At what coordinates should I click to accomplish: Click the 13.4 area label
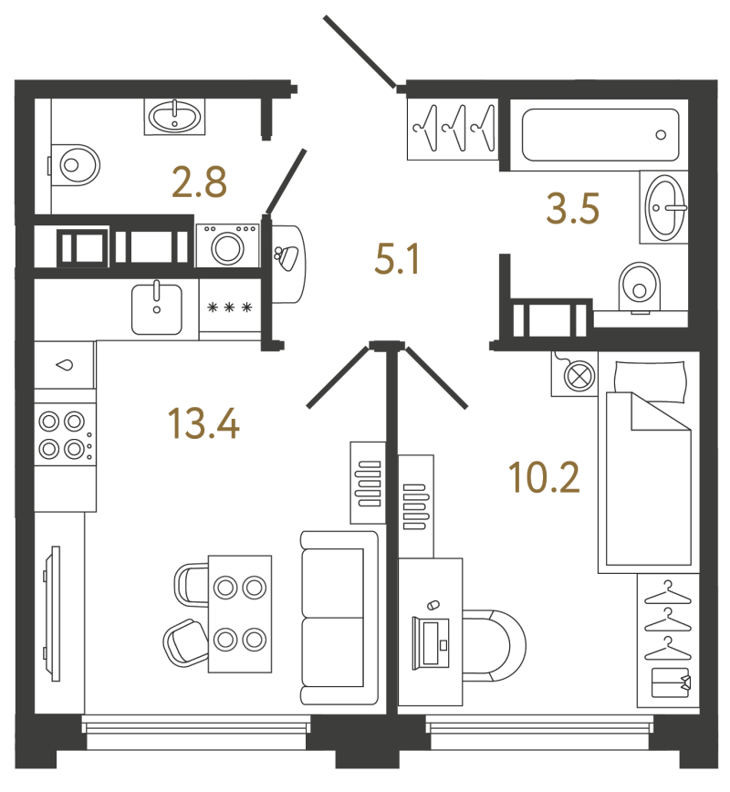pyautogui.click(x=203, y=423)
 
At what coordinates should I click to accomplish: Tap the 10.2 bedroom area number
pyautogui.click(x=544, y=477)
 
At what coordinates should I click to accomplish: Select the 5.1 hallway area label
pyautogui.click(x=398, y=260)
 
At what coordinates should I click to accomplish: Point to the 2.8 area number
pyautogui.click(x=199, y=182)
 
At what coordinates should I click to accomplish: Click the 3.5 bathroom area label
pyautogui.click(x=573, y=208)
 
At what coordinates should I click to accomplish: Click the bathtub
pyautogui.click(x=600, y=135)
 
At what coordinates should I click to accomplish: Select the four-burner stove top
pyautogui.click(x=65, y=434)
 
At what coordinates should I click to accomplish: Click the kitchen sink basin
pyautogui.click(x=157, y=309)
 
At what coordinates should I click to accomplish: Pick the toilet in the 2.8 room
pyautogui.click(x=76, y=164)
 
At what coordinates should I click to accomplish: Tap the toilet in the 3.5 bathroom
pyautogui.click(x=640, y=287)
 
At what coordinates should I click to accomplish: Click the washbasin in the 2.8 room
pyautogui.click(x=175, y=117)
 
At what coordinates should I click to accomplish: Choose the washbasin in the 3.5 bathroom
pyautogui.click(x=666, y=208)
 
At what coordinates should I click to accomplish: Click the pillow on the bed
pyautogui.click(x=651, y=380)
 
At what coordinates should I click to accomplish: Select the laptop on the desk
pyautogui.click(x=431, y=642)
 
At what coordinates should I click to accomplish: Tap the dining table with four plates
pyautogui.click(x=240, y=614)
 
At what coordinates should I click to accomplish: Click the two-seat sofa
pyautogui.click(x=339, y=617)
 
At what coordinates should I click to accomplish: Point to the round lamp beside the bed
pyautogui.click(x=579, y=375)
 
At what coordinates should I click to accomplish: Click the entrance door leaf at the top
pyautogui.click(x=360, y=51)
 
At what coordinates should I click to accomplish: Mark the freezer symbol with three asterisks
pyautogui.click(x=230, y=307)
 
